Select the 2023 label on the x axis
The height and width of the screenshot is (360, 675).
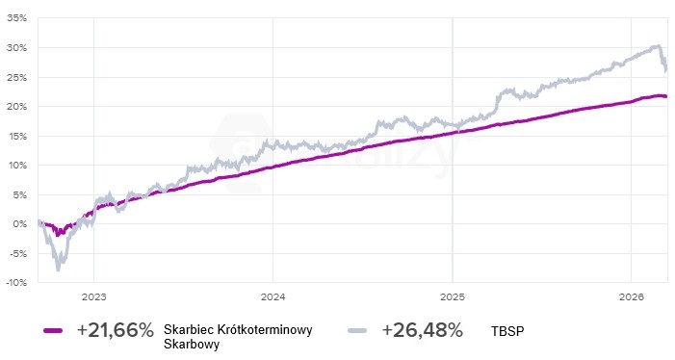pos(94,296)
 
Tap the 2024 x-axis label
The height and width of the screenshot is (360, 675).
pos(273,296)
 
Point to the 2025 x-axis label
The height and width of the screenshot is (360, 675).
pos(453,296)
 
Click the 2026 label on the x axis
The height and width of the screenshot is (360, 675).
pos(631,296)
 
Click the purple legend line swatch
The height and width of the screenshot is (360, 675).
pos(58,330)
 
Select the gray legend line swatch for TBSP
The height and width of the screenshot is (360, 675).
pos(361,330)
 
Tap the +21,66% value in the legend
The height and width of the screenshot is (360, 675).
pos(116,330)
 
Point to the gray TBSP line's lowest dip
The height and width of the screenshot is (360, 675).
pos(59,269)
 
